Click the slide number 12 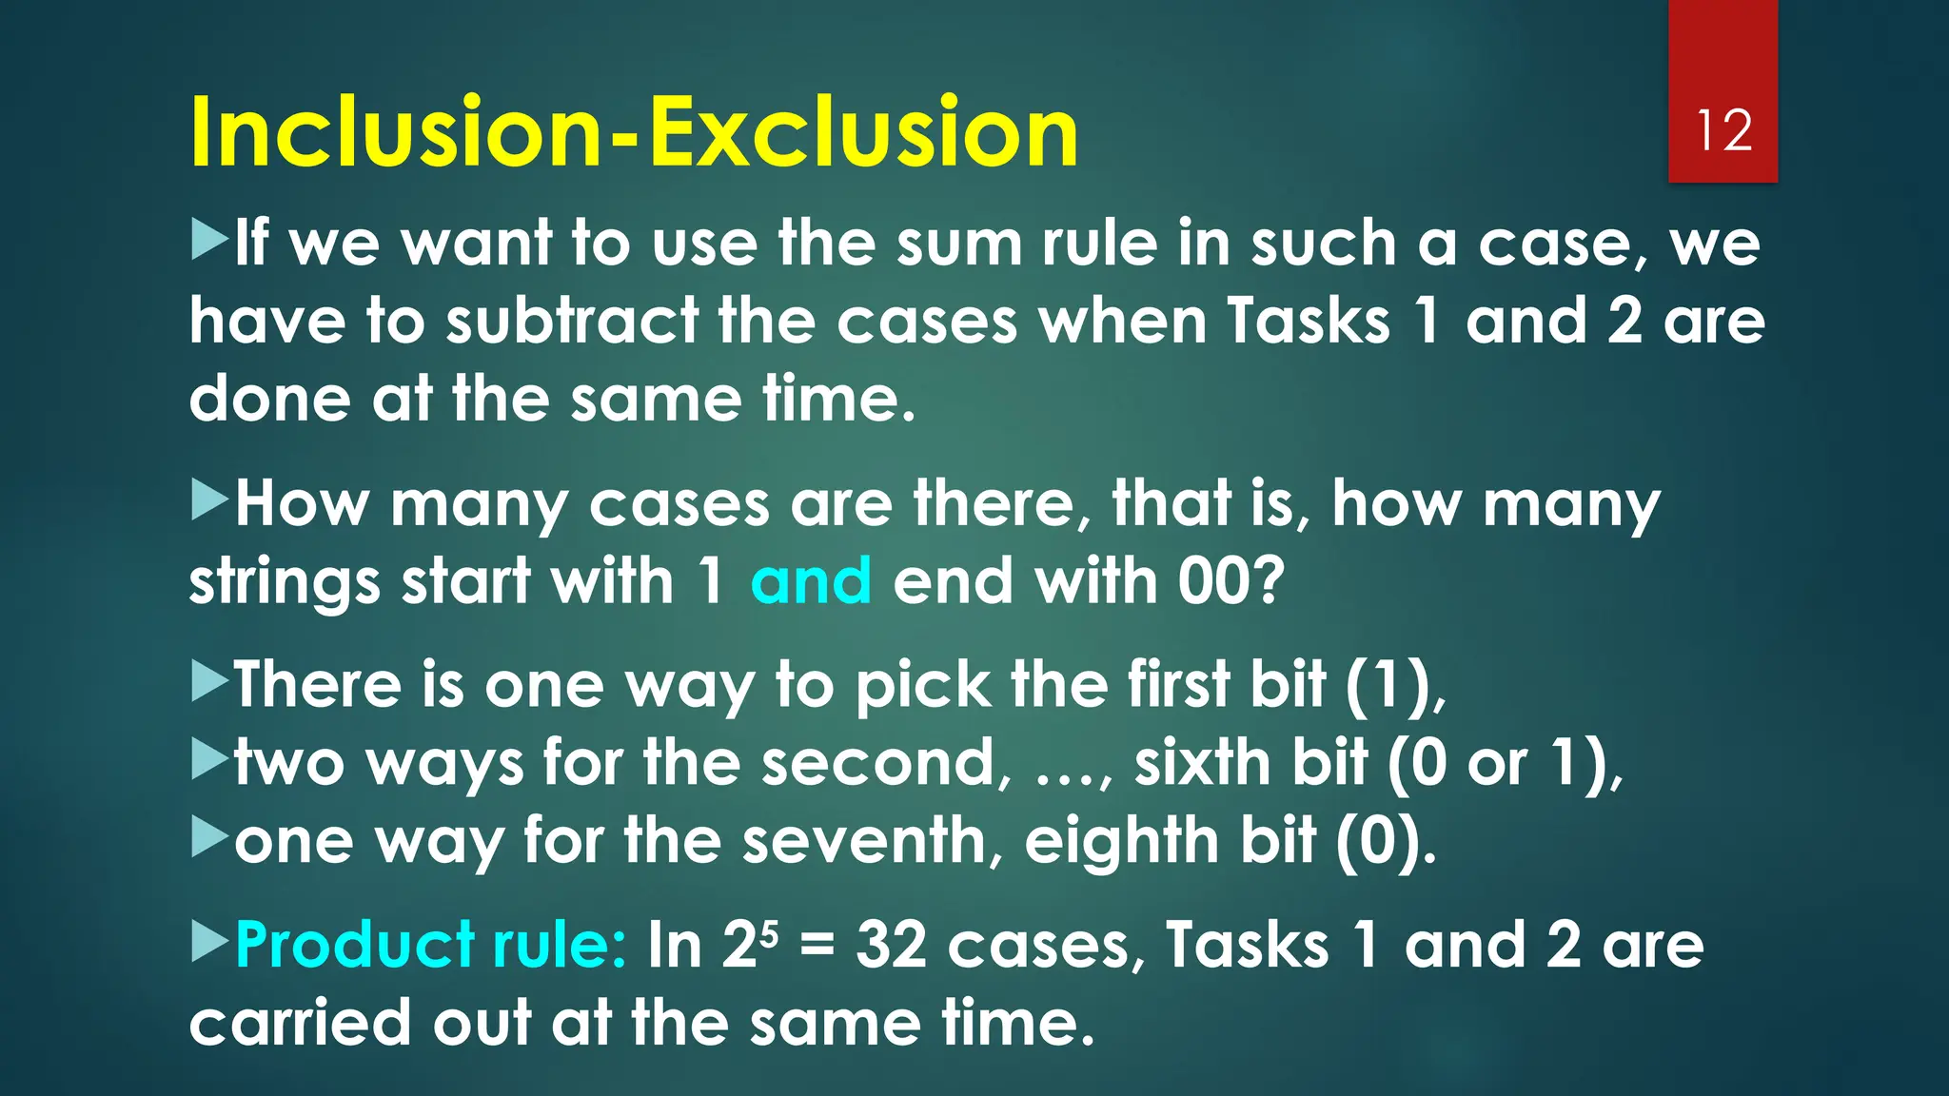tap(1723, 130)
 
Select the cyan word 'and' tap(811, 580)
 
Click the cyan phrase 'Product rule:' tap(430, 945)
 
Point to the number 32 tap(891, 945)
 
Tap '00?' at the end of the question tap(1231, 580)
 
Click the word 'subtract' tap(572, 321)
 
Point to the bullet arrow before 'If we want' tap(209, 239)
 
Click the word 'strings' tap(284, 582)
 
